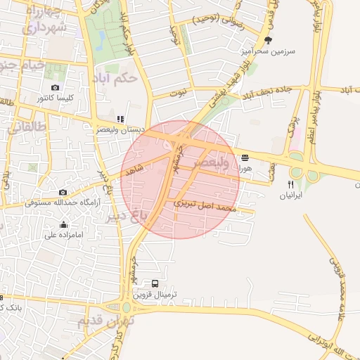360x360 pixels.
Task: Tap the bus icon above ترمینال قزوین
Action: (155, 283)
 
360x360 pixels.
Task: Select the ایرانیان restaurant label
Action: (289, 194)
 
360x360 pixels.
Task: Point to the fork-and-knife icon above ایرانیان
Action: (290, 184)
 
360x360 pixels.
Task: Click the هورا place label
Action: (244, 167)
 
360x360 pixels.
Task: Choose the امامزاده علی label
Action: (64, 234)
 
